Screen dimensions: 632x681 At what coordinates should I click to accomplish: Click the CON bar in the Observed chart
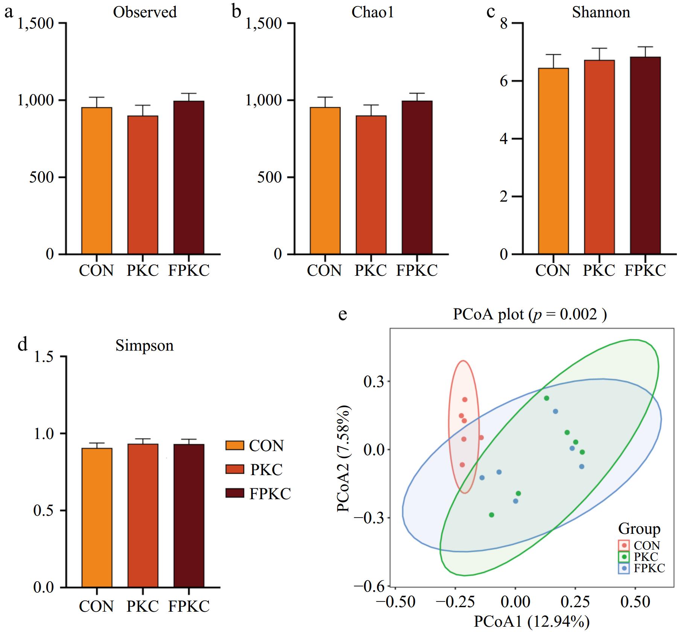97,181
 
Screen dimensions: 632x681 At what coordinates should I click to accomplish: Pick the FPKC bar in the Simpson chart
189,516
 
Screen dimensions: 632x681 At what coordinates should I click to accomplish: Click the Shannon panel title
601,12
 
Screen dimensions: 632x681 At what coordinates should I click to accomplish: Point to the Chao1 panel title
372,12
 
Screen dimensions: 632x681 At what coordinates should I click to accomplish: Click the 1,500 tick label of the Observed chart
36,24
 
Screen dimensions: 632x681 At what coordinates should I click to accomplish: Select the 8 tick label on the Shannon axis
504,24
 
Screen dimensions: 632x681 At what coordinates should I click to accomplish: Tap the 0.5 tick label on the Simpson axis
44,510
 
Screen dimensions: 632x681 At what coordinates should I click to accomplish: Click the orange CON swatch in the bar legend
235,445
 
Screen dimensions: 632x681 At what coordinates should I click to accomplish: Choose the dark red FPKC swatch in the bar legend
235,494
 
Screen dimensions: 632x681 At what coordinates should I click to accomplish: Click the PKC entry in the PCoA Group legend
646,557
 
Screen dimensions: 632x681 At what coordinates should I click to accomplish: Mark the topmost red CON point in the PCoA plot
465,400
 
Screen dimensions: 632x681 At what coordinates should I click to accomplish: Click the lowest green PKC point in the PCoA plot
491,515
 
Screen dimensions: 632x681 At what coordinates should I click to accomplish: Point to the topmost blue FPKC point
555,411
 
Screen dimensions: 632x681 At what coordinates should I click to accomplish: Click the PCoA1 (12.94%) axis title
531,621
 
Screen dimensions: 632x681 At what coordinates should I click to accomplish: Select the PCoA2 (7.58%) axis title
343,459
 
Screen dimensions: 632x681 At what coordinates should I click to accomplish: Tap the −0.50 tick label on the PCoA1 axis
396,602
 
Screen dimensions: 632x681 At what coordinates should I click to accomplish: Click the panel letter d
23,344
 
